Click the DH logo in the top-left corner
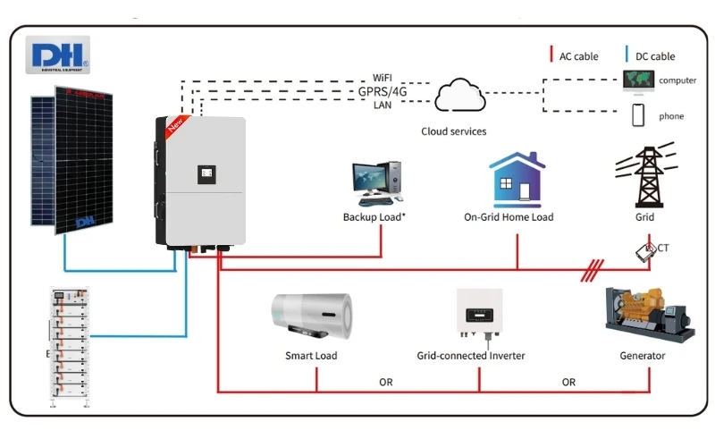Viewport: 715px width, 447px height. [58, 55]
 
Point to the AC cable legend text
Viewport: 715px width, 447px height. [579, 56]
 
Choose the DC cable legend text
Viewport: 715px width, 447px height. [655, 56]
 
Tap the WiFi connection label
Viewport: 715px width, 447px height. [383, 78]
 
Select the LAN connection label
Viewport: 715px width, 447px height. [383, 105]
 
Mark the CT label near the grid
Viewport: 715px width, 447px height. [664, 247]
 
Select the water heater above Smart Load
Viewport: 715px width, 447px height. [312, 317]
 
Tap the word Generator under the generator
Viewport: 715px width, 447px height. [643, 356]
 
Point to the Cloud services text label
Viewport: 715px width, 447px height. [454, 131]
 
